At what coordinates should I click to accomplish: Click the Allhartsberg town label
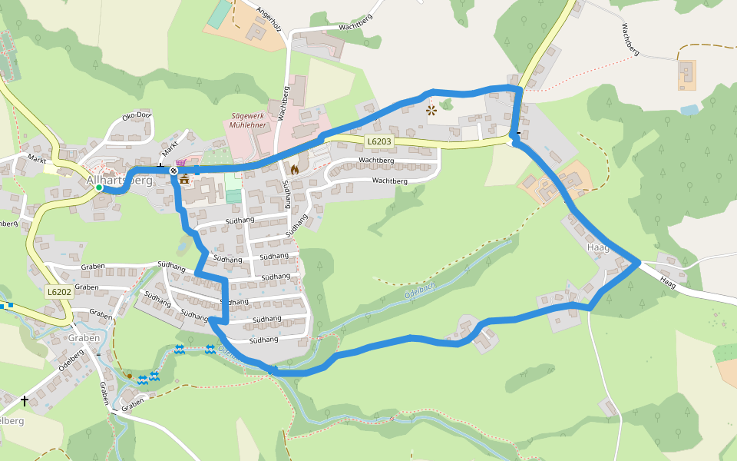120,181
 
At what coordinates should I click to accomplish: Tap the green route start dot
99,187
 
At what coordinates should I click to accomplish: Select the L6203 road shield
378,141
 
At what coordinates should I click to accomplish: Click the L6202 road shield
59,292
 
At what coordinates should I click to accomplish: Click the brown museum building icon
184,178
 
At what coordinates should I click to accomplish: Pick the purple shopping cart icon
180,163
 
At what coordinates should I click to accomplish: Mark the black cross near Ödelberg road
25,400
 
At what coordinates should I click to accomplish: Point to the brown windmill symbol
431,110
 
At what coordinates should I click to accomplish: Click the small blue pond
689,110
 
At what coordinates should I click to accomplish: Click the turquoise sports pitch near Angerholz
220,13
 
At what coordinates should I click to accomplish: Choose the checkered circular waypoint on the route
174,171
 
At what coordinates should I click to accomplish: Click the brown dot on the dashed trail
130,376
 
